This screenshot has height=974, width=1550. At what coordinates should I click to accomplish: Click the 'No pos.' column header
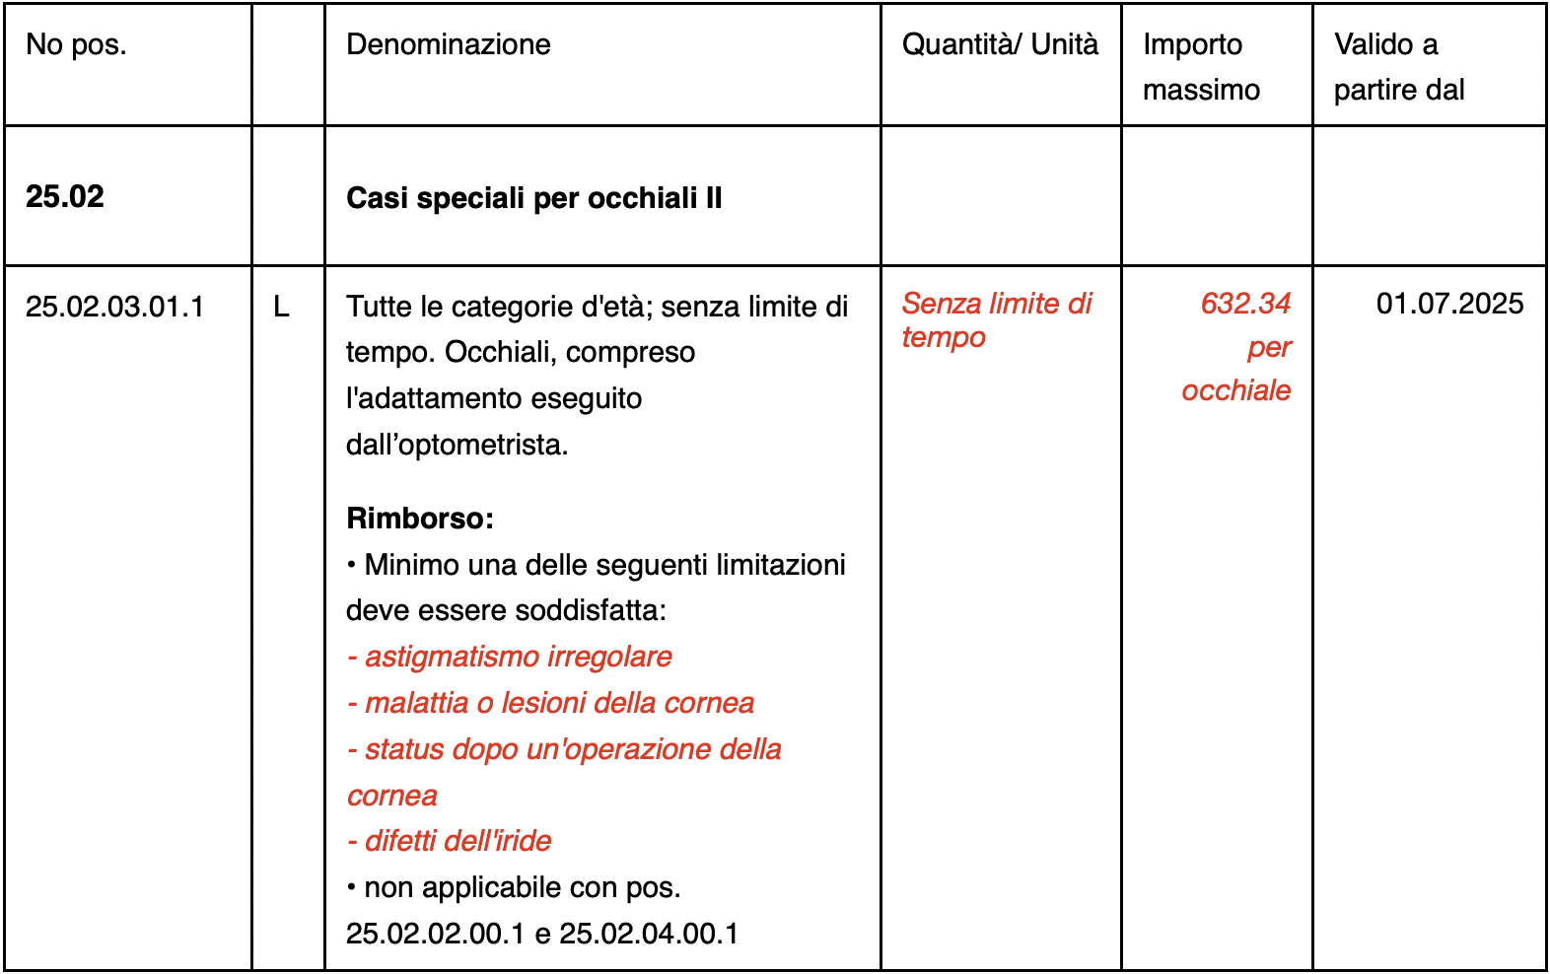pos(76,44)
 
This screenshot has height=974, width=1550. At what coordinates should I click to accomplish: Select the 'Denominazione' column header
pos(448,44)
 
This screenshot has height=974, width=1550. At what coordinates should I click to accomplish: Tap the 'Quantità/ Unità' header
pos(999,44)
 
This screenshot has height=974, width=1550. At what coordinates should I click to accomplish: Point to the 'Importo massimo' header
pos(1201,67)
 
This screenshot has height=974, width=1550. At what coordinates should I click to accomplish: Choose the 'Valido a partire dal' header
pos(1398,67)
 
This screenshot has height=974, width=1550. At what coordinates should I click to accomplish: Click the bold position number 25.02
pos(65,196)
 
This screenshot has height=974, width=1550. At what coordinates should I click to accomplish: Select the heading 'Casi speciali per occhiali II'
pos(533,198)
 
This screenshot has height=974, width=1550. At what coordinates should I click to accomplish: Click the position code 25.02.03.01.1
pos(114,307)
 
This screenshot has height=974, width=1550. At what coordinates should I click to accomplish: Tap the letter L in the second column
pos(281,307)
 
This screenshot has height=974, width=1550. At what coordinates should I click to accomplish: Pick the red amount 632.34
pos(1244,303)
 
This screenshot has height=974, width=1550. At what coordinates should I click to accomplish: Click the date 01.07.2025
pos(1449,303)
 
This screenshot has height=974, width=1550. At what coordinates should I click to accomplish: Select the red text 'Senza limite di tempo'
pos(996,319)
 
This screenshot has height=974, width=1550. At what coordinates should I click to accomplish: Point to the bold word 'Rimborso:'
pos(420,518)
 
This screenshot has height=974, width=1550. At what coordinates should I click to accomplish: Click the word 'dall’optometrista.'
pos(457,445)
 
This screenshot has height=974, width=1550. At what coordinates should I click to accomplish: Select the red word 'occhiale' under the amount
pos(1235,390)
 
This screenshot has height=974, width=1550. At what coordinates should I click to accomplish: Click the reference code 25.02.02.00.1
pos(435,933)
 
